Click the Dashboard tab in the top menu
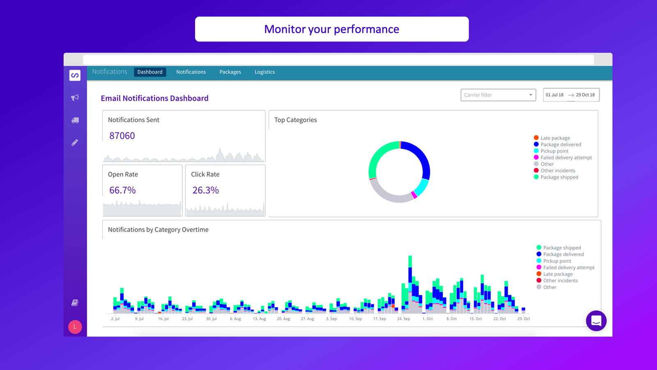(150, 72)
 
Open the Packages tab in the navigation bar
(230, 72)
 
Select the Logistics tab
(264, 72)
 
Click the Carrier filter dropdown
(498, 95)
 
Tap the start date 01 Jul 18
(554, 95)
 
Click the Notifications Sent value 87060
(122, 136)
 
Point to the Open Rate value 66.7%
(122, 190)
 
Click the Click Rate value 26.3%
(205, 190)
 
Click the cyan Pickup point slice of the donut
(422, 187)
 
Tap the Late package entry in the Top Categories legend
(555, 138)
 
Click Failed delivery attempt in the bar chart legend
(568, 268)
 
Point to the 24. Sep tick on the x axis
(403, 319)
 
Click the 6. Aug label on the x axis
(235, 319)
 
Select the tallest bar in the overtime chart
(410, 284)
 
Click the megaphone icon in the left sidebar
(75, 97)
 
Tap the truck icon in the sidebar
(75, 120)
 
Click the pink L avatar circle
(75, 327)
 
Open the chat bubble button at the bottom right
(596, 321)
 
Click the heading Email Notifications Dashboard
(154, 98)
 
